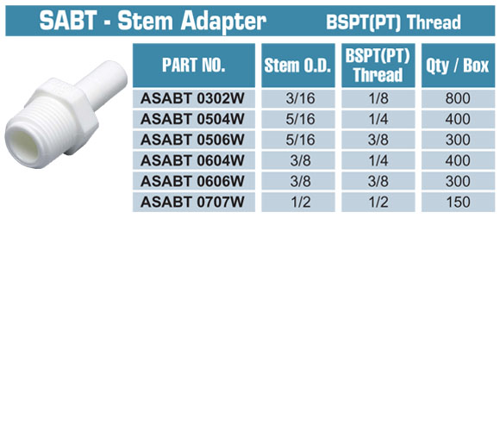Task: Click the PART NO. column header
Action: pyautogui.click(x=194, y=65)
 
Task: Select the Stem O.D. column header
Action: pyautogui.click(x=297, y=66)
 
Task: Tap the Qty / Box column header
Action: pyautogui.click(x=458, y=66)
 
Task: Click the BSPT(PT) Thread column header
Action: pyautogui.click(x=378, y=66)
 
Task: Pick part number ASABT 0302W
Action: pyautogui.click(x=192, y=98)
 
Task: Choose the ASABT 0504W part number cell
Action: pyautogui.click(x=192, y=119)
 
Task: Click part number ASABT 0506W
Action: pyautogui.click(x=192, y=140)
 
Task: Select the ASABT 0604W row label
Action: pyautogui.click(x=192, y=160)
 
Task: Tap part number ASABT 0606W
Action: pyautogui.click(x=192, y=181)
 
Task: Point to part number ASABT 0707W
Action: pyautogui.click(x=192, y=202)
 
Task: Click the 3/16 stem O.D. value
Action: pyautogui.click(x=300, y=98)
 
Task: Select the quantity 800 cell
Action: pyautogui.click(x=458, y=98)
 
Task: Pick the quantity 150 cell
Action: pyautogui.click(x=459, y=202)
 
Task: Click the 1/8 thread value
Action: pyautogui.click(x=378, y=98)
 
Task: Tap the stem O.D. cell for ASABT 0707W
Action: pyautogui.click(x=300, y=202)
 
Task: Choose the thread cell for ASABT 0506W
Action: pyautogui.click(x=378, y=140)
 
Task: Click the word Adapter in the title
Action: pyautogui.click(x=223, y=22)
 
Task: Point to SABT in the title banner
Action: pyautogui.click(x=68, y=21)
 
